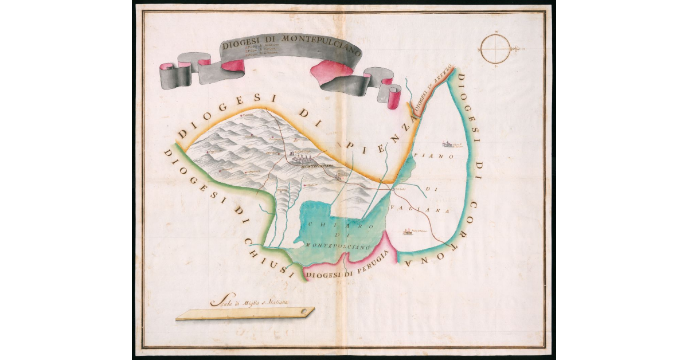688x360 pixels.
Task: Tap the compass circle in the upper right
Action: [x=497, y=49]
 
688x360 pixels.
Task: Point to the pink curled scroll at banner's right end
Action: [x=394, y=97]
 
